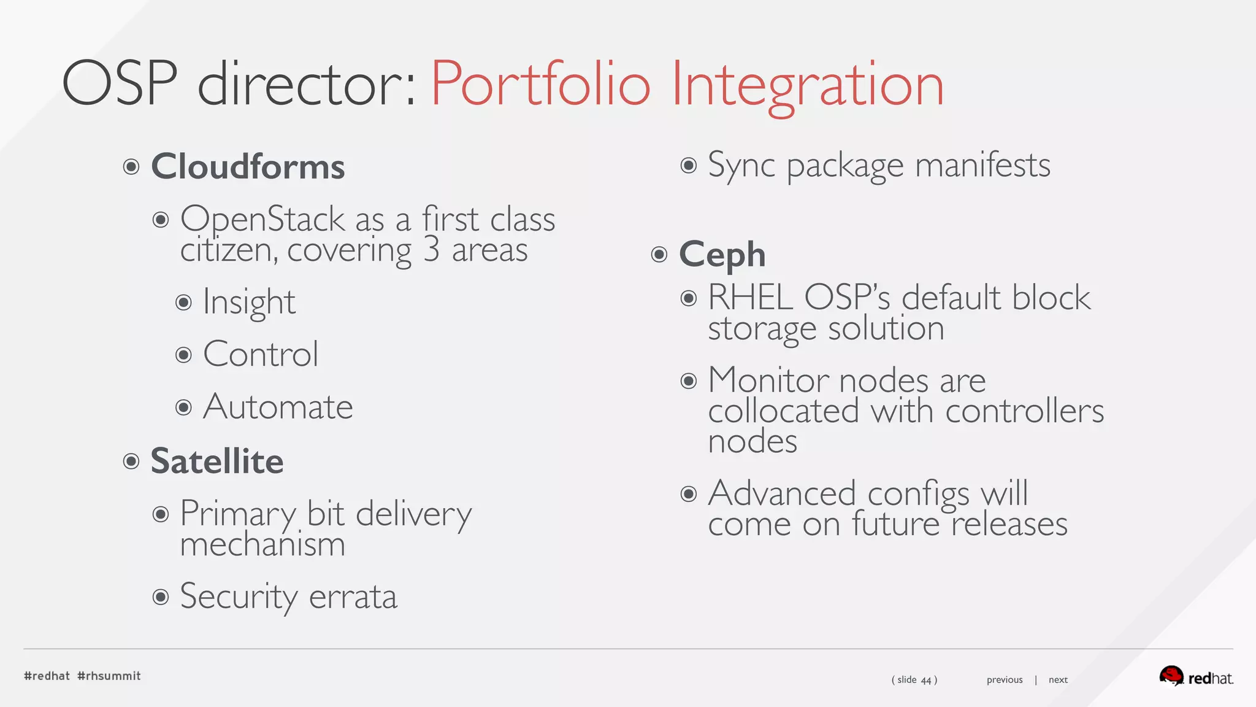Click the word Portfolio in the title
pos(540,85)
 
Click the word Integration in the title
pos(808,85)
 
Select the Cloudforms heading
pos(248,166)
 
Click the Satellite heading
pos(217,461)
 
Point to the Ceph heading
pos(722,255)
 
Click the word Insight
pos(249,302)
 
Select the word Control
pos(261,354)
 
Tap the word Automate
pos(278,407)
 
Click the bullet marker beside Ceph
pos(659,254)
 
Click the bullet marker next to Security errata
pos(161,597)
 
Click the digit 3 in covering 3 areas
pos(432,249)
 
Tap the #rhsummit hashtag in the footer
pos(109,676)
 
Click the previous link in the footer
pos(1005,680)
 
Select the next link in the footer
pos(1058,680)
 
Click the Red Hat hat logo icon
pos(1171,676)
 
